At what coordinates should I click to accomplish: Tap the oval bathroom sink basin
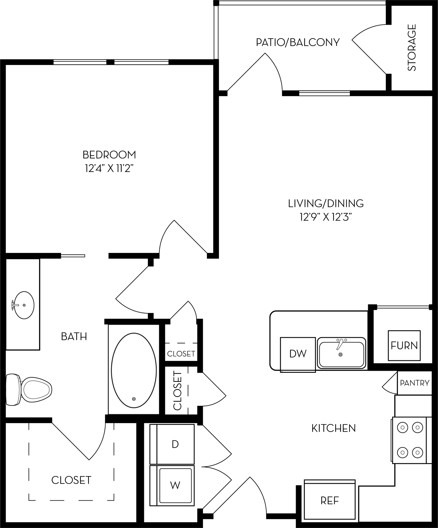[24, 305]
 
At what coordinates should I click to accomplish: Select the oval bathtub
[134, 370]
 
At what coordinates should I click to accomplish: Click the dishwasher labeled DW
[298, 354]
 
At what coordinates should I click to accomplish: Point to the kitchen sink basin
[341, 353]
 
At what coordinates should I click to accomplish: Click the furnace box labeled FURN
[404, 345]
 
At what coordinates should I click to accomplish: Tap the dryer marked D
[175, 444]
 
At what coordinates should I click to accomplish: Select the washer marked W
[175, 485]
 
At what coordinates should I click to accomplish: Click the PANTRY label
[415, 383]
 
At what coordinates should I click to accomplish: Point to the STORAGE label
[411, 47]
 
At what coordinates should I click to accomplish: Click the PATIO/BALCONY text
[298, 42]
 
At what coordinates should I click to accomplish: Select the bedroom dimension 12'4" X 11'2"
[109, 169]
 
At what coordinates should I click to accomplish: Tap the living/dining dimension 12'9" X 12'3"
[326, 217]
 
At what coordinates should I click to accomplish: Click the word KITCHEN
[333, 428]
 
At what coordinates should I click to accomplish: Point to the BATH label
[74, 336]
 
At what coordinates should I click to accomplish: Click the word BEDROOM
[109, 155]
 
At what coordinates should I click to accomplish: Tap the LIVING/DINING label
[326, 203]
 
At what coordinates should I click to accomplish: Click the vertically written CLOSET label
[178, 390]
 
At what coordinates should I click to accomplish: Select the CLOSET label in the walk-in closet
[71, 480]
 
